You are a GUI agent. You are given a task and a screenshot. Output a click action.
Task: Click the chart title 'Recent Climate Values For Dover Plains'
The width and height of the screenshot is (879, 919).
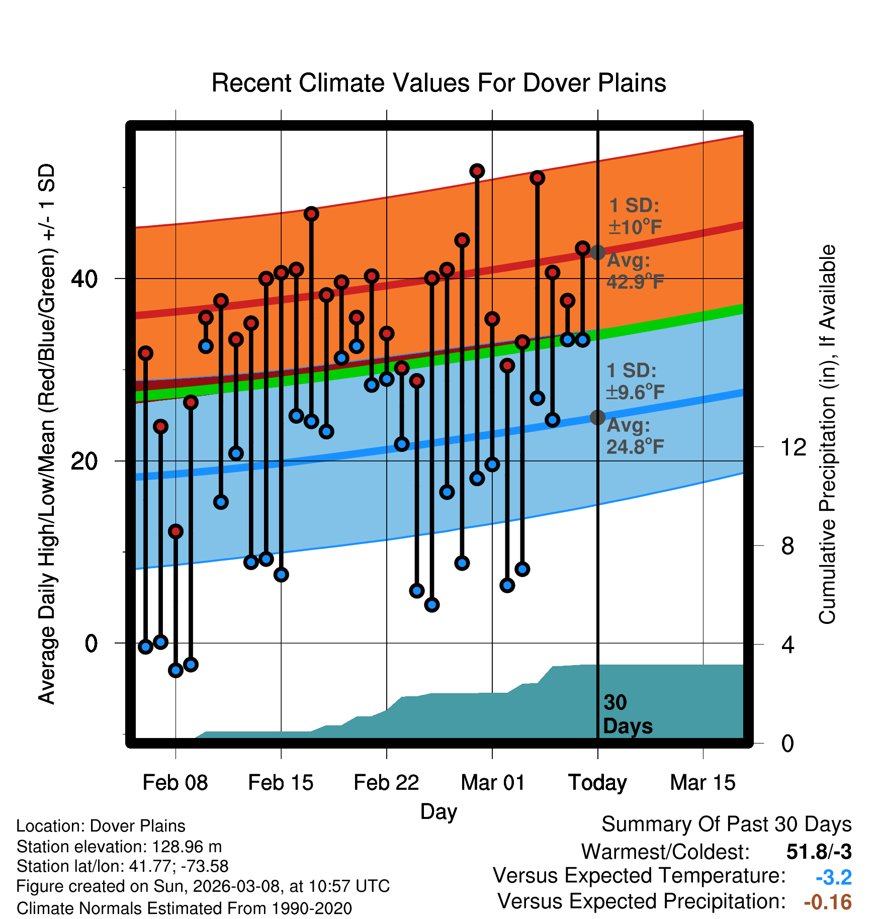[438, 83]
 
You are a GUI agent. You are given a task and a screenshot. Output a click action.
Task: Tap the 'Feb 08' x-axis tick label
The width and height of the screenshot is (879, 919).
[175, 783]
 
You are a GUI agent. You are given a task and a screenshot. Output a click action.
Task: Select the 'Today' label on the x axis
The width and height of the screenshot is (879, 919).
[597, 783]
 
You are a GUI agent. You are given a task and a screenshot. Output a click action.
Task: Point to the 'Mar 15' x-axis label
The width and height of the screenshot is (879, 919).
[702, 783]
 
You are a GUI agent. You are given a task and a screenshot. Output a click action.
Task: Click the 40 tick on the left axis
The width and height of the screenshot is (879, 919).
[84, 279]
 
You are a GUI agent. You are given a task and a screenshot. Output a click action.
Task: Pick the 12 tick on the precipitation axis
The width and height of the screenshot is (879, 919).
[794, 447]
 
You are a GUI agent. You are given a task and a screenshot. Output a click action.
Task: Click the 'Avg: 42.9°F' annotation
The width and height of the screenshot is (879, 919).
[635, 271]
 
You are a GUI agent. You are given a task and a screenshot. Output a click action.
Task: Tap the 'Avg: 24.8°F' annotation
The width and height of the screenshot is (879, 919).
[635, 436]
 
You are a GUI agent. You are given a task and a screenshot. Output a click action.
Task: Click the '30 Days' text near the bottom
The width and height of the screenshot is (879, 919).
[627, 714]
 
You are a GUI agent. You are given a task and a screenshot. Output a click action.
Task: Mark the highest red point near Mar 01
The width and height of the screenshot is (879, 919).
[477, 171]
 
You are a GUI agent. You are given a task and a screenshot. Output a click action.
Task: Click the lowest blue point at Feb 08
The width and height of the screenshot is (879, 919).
[175, 670]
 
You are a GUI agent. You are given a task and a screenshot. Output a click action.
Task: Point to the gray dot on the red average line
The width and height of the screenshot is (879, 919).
[597, 252]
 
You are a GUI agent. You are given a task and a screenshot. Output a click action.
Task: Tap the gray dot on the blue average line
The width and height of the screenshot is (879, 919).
[597, 417]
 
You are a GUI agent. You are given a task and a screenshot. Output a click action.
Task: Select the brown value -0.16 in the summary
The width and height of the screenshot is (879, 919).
[828, 902]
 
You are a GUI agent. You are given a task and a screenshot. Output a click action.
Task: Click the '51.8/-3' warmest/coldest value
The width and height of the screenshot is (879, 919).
[819, 852]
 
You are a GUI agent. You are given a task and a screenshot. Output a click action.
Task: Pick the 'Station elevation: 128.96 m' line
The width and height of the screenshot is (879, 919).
[119, 847]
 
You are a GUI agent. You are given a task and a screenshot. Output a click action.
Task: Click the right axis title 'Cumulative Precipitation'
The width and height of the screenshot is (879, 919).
[827, 434]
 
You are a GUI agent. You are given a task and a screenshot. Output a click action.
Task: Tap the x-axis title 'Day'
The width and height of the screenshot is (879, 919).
[438, 811]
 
